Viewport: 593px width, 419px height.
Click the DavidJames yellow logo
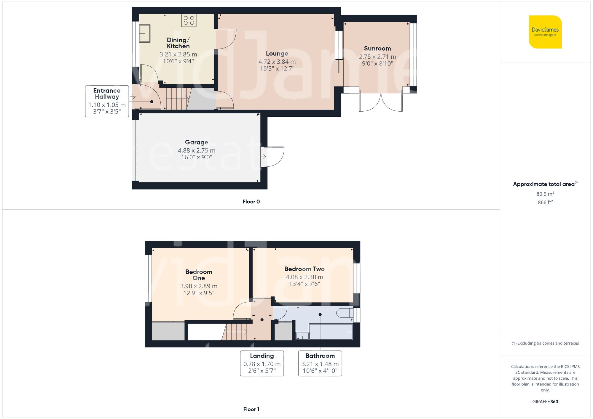pyautogui.click(x=545, y=32)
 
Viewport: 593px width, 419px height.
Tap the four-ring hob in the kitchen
pyautogui.click(x=189, y=20)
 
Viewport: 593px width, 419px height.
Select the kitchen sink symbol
pyautogui.click(x=145, y=33)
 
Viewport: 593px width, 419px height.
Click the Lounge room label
pyautogui.click(x=277, y=54)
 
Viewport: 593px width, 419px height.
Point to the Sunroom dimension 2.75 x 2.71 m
pyautogui.click(x=377, y=57)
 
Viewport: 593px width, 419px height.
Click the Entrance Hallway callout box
pyautogui.click(x=107, y=101)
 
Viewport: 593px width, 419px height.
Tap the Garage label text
pyautogui.click(x=197, y=142)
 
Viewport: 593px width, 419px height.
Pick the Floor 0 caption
pyautogui.click(x=251, y=202)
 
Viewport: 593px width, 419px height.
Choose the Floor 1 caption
pyautogui.click(x=251, y=409)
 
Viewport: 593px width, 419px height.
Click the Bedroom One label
pyautogui.click(x=199, y=275)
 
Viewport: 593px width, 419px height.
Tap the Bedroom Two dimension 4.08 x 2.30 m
pyautogui.click(x=304, y=277)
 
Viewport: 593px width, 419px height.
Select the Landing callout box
pyautogui.click(x=262, y=363)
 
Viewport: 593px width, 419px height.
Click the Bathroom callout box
pyautogui.click(x=320, y=363)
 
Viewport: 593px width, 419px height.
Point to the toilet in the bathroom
pyautogui.click(x=345, y=313)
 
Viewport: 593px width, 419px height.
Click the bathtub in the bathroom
pyautogui.click(x=331, y=332)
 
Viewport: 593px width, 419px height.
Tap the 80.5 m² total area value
pyautogui.click(x=545, y=194)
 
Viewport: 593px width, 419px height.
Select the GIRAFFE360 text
pyautogui.click(x=545, y=402)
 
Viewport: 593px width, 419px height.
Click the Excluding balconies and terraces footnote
pyautogui.click(x=545, y=343)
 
